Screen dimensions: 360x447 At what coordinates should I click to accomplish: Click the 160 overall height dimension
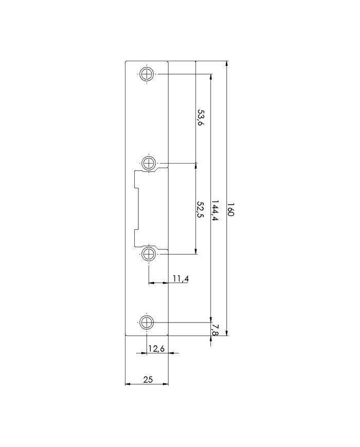[230, 209]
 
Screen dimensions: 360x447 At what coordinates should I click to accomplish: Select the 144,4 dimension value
[215, 211]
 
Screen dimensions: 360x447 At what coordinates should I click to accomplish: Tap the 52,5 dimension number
[200, 210]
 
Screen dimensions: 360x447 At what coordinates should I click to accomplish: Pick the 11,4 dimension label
[181, 278]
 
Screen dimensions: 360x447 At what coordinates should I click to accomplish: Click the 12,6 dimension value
[157, 348]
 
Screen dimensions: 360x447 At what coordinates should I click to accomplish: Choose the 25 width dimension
[148, 380]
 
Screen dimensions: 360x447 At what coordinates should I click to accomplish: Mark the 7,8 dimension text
[215, 330]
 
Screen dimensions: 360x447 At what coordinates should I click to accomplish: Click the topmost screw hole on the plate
[147, 75]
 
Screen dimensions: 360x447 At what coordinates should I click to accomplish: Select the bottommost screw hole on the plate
[147, 323]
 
